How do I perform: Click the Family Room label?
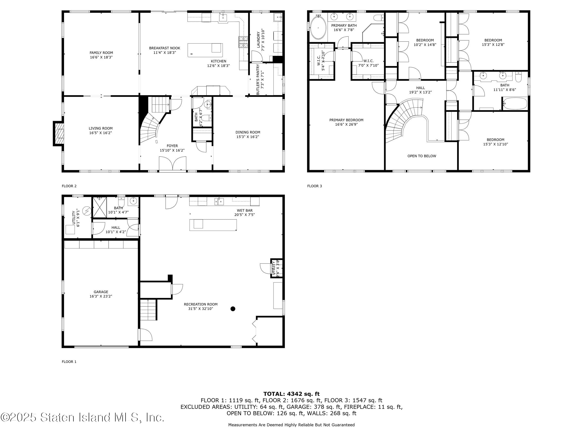click(101, 53)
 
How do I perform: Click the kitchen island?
click(205, 50)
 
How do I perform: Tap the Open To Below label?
click(421, 156)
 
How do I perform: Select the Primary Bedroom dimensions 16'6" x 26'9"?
click(346, 124)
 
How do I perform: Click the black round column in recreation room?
click(233, 309)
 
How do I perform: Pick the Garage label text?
click(101, 292)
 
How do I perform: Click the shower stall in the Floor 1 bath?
click(99, 207)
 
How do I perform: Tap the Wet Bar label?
click(244, 210)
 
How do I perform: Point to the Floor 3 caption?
click(314, 186)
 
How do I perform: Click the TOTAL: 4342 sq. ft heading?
click(291, 394)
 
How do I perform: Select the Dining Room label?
click(248, 132)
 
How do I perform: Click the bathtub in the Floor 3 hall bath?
click(515, 103)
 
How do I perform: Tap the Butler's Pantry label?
click(258, 79)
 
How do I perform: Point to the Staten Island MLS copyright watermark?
click(82, 418)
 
